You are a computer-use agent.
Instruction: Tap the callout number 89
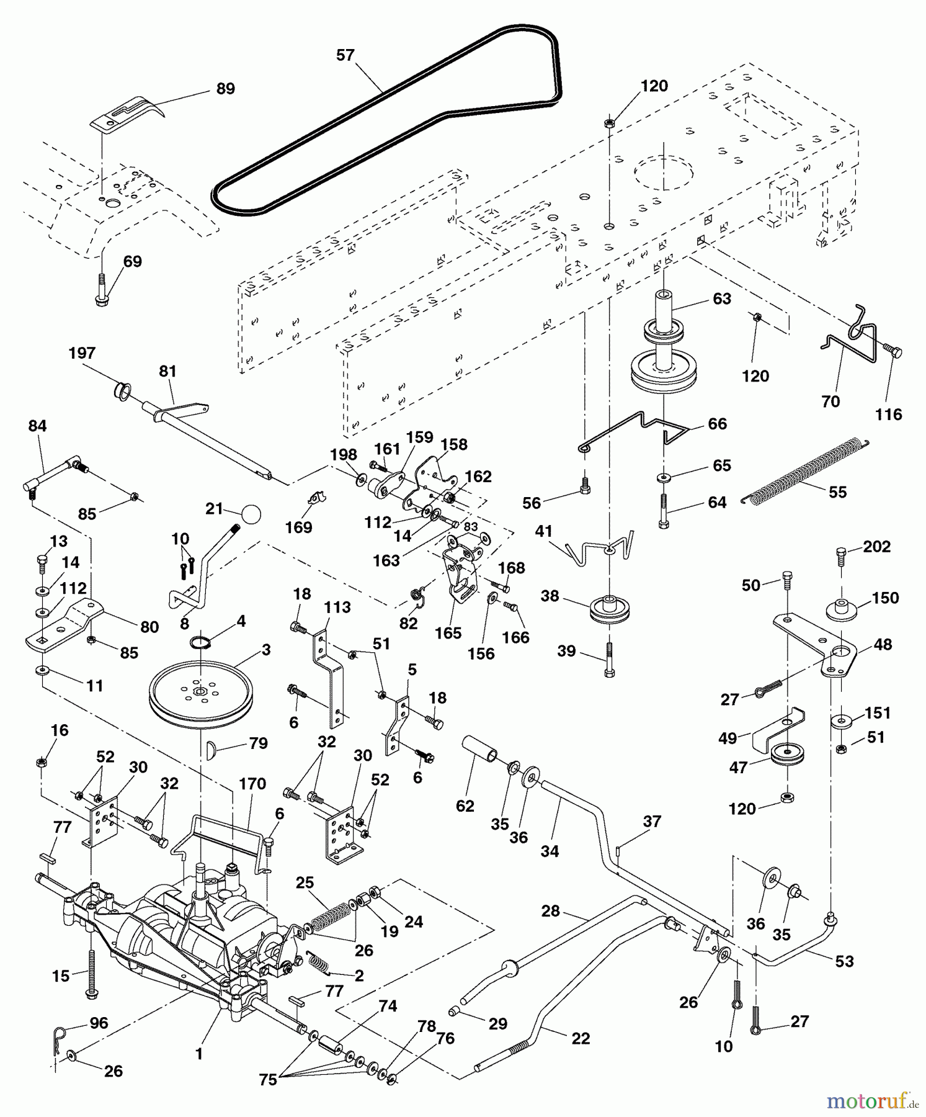click(x=225, y=89)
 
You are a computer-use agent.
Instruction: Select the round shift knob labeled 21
click(x=251, y=514)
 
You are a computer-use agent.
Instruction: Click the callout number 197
click(x=82, y=353)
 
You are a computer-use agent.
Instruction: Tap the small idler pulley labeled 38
click(x=609, y=609)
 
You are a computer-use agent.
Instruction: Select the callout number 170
click(x=252, y=784)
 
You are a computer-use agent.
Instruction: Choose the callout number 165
click(x=448, y=633)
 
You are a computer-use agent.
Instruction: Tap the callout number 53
click(x=845, y=961)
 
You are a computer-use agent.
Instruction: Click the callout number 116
click(x=888, y=415)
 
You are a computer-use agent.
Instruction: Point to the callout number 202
click(x=876, y=547)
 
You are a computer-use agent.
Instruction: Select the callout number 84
click(x=37, y=426)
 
